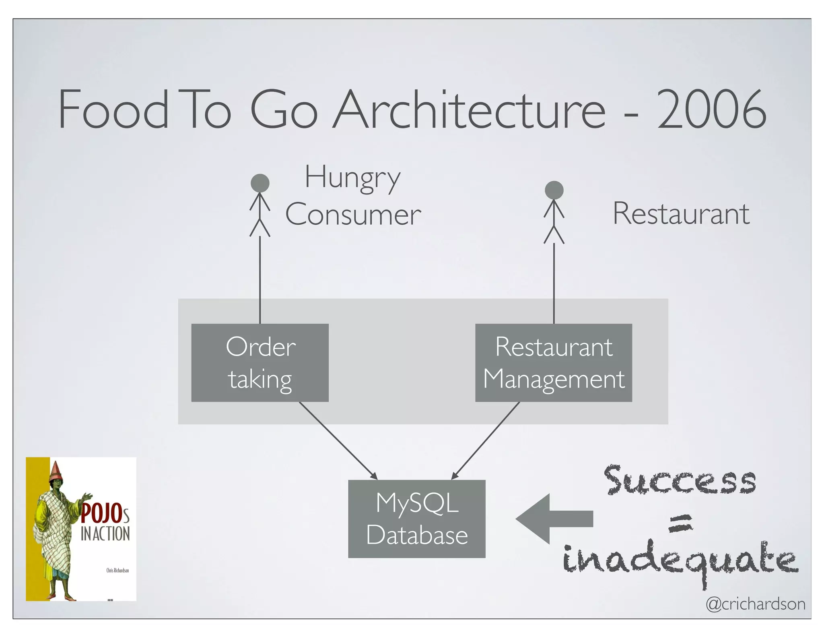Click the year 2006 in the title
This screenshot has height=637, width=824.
pos(711,110)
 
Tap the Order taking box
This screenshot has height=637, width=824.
pos(260,362)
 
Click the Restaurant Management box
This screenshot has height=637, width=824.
pos(554,362)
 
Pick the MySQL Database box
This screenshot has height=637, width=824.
pos(417,519)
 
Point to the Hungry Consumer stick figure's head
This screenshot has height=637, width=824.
pos(260,183)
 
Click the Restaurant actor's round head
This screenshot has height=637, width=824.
pos(554,190)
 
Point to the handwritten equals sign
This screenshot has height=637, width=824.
pos(681,523)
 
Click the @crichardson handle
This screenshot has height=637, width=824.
pos(756,604)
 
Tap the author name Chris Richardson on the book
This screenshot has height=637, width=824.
pos(117,570)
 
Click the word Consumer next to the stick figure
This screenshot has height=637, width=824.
pos(353,214)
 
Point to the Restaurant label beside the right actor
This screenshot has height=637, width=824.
pos(681,213)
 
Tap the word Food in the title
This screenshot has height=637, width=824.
pos(113,110)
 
